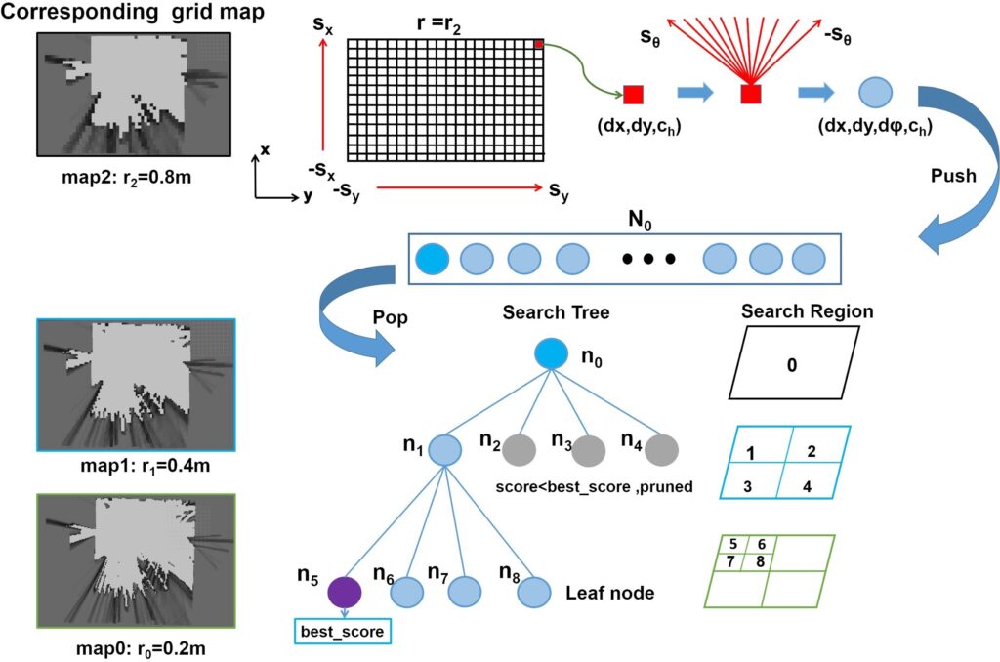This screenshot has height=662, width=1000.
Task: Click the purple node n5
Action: click(345, 592)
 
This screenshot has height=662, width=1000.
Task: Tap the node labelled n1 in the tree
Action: click(444, 450)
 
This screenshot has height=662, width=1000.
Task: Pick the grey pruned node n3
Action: click(589, 450)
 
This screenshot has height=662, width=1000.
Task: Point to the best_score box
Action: click(343, 632)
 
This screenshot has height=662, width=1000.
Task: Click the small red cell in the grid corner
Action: click(538, 44)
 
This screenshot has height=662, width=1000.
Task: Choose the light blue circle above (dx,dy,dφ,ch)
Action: click(876, 93)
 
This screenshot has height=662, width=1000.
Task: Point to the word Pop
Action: click(392, 319)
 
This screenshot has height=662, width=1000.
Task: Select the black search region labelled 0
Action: click(792, 364)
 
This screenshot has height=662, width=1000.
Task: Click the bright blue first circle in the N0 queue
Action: click(432, 259)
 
